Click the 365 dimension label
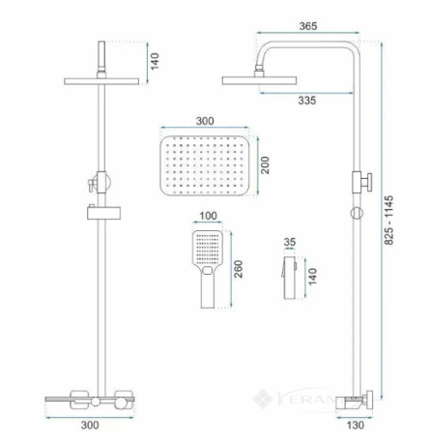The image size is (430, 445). tap(308, 26)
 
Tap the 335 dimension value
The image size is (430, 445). tap(307, 101)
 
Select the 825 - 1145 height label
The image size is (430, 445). tap(389, 220)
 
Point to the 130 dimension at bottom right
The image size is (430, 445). tap(356, 425)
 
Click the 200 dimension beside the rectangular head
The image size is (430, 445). tap(265, 165)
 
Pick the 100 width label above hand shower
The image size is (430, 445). tap(208, 216)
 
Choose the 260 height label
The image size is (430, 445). tap(238, 269)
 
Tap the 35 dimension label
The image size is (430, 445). tap(290, 242)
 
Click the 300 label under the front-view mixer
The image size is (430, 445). tap(90, 425)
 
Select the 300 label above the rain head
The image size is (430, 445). tap(205, 121)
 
